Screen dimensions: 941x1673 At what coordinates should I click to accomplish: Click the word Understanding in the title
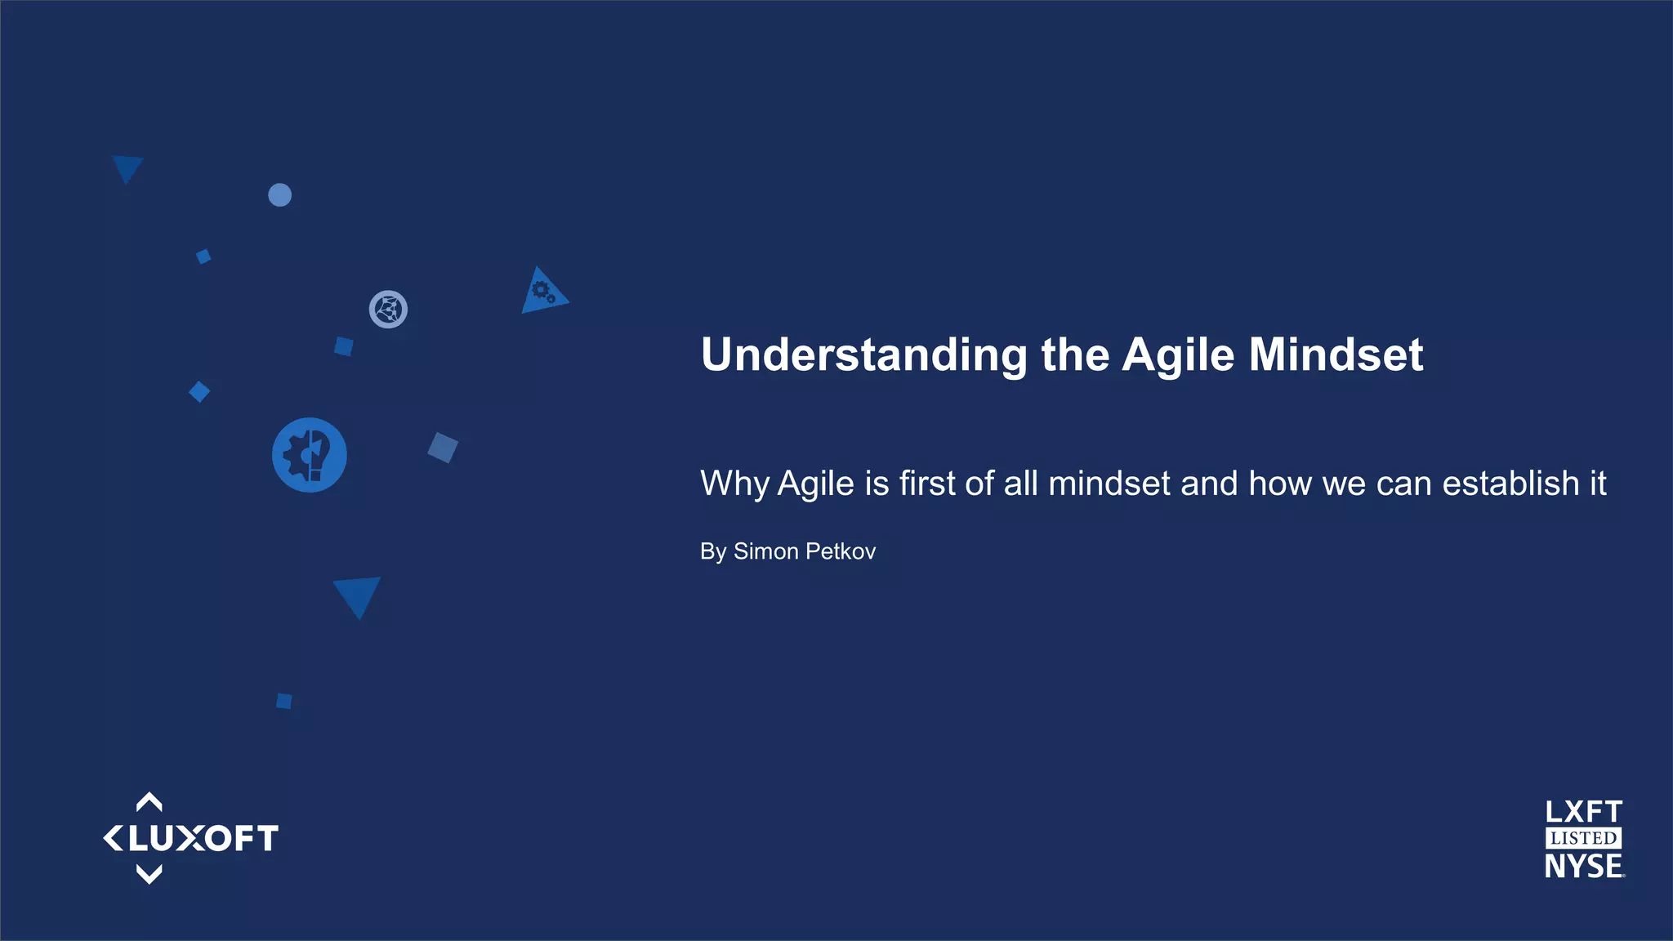tap(863, 355)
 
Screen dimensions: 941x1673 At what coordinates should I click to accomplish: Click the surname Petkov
tap(840, 551)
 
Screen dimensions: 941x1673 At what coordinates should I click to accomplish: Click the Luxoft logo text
tap(203, 839)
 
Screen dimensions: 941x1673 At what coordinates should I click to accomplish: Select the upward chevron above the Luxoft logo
tap(149, 802)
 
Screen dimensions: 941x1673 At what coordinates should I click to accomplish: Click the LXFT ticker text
tap(1583, 812)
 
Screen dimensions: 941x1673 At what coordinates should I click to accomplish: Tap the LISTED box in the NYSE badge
tap(1583, 838)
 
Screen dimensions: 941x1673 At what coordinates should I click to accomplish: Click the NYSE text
tap(1582, 866)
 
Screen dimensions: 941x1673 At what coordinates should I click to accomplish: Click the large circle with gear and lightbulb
tap(309, 455)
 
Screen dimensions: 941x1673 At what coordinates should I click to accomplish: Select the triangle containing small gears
tap(542, 292)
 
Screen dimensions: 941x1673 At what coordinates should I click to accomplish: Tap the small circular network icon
tap(388, 310)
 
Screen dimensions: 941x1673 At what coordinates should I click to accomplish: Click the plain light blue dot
tap(279, 195)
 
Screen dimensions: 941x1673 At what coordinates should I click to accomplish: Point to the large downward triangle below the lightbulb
tap(358, 594)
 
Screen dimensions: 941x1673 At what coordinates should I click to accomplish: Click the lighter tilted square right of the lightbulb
tap(443, 448)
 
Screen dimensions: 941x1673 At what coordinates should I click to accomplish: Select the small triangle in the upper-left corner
tap(127, 167)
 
